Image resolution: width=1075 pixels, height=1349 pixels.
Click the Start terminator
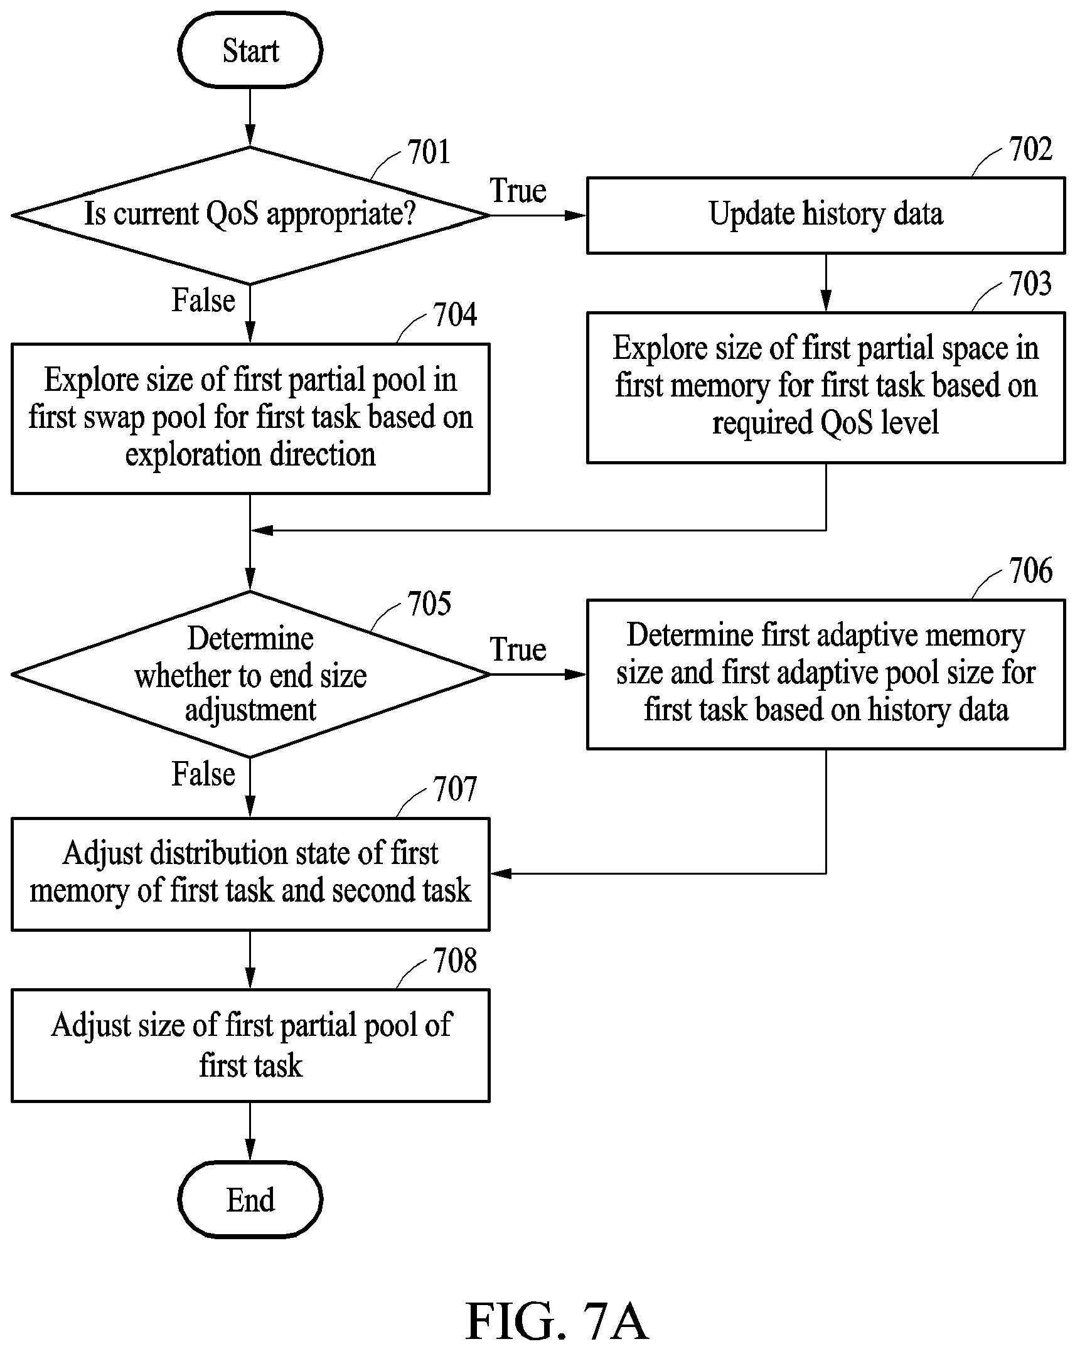250,50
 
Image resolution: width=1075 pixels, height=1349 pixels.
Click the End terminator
250,1201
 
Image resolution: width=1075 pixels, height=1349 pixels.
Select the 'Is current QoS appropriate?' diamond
250,215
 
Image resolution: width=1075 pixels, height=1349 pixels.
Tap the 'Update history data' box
826,215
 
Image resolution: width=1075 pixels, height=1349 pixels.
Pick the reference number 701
429,152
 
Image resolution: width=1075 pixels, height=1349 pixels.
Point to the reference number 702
1030,150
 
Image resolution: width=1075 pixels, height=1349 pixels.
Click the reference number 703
1030,284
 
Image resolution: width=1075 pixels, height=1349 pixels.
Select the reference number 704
455,315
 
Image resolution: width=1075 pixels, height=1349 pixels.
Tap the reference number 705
429,604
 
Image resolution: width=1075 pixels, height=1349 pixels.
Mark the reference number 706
1030,572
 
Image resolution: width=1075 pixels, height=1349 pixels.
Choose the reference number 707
455,789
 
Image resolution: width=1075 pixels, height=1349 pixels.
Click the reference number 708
455,961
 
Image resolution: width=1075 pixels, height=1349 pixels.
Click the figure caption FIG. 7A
557,1321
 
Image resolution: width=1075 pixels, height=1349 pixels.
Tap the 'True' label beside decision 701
518,191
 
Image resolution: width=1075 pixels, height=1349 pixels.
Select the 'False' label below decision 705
203,774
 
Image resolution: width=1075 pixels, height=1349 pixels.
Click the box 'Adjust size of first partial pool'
250,1045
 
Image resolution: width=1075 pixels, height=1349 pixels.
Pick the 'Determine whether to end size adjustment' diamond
250,674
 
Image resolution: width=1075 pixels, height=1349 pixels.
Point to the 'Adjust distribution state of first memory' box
250,874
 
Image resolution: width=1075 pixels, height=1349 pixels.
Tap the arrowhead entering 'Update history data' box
575,215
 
